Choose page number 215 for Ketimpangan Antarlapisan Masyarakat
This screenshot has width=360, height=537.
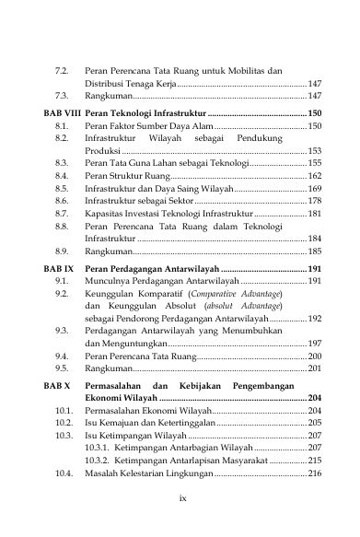click(313, 458)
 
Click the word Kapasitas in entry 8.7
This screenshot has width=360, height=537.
click(101, 213)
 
